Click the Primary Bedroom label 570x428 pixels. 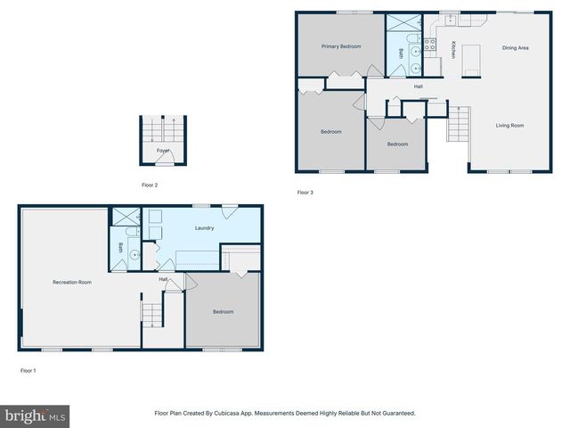(x=341, y=46)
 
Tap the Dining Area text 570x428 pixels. (x=516, y=48)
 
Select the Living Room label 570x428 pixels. (x=509, y=126)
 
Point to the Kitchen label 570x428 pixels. (x=453, y=50)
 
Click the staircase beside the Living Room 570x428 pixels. (x=457, y=124)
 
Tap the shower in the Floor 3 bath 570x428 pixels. (x=398, y=24)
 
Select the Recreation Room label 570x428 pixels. (x=72, y=283)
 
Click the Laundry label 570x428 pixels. (x=204, y=228)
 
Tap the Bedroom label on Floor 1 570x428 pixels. (x=223, y=311)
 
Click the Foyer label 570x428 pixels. (x=163, y=151)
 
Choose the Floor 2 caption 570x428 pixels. (x=150, y=185)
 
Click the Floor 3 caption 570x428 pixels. (x=305, y=192)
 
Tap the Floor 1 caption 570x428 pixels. (x=28, y=369)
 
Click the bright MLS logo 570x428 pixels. (x=35, y=416)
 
